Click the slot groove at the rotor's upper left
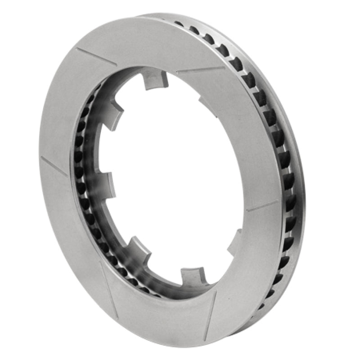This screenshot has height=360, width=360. point(96,56)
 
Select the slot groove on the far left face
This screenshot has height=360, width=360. point(54,166)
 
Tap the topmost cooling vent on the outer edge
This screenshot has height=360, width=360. point(179,24)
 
